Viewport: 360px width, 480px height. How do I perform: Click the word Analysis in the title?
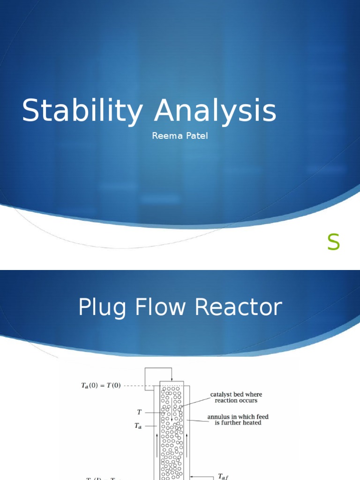click(216, 112)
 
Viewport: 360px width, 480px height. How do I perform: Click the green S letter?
click(333, 242)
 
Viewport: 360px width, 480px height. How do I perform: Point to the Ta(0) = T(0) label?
click(101, 386)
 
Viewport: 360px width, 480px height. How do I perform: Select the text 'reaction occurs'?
click(236, 401)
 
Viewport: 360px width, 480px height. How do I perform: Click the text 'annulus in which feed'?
click(238, 417)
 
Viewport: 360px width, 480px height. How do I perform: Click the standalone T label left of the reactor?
click(139, 412)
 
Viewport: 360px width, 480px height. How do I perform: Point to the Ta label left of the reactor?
click(138, 426)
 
